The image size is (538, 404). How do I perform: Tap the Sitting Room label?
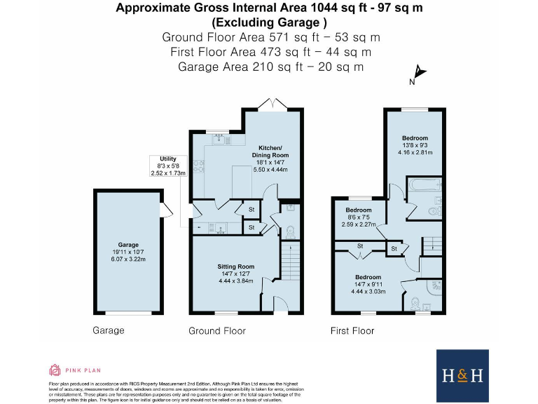click(235, 267)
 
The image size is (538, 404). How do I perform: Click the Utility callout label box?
click(167, 166)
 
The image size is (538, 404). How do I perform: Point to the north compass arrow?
click(419, 72)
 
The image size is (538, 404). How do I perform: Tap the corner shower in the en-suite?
click(435, 288)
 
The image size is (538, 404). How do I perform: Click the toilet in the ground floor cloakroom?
click(290, 229)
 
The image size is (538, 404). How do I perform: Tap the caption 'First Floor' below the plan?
click(353, 330)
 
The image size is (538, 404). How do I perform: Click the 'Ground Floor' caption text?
click(217, 330)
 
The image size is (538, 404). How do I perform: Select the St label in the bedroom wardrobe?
click(359, 246)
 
